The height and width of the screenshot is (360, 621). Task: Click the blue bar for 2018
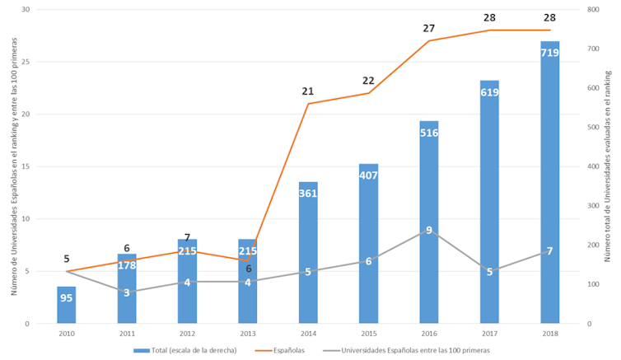[x=549, y=181]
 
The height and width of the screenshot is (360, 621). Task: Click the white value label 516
[x=429, y=133]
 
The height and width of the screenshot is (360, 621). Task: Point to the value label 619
[x=489, y=92]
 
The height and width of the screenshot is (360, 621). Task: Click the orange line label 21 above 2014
[x=308, y=91]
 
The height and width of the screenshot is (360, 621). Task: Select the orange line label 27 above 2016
[x=429, y=28]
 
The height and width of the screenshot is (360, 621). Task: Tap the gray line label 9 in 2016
[x=429, y=231]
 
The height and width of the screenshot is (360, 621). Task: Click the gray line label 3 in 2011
[x=127, y=292]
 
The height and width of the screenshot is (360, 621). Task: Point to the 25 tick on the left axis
[x=25, y=62]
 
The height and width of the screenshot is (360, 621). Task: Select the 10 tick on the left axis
[x=25, y=219]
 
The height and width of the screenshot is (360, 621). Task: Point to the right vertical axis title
[x=608, y=165]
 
